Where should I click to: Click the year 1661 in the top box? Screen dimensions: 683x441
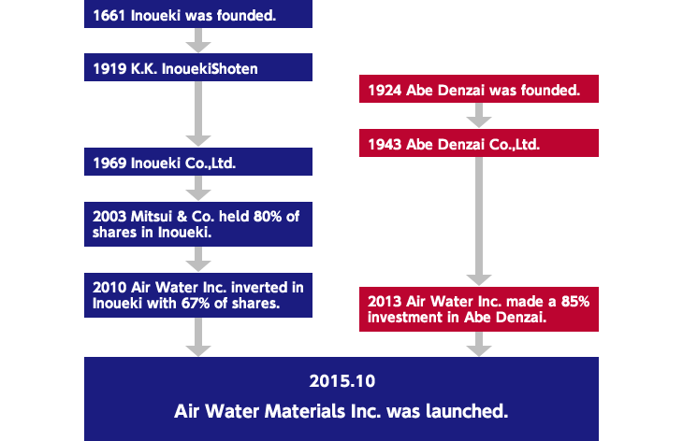(x=109, y=16)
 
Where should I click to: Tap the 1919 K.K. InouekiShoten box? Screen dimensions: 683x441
(x=198, y=67)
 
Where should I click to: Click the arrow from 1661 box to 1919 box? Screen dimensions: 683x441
(x=198, y=40)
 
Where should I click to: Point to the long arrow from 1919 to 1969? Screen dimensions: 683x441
(x=198, y=114)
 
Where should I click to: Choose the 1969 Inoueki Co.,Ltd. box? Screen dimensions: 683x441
(x=198, y=162)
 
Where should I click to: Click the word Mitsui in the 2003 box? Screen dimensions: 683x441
(x=152, y=217)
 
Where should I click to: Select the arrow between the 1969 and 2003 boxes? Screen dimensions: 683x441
(x=198, y=189)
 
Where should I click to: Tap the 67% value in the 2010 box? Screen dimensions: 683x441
(x=196, y=303)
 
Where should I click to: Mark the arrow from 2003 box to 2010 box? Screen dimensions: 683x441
(x=198, y=260)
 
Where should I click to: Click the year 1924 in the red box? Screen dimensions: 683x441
(x=385, y=91)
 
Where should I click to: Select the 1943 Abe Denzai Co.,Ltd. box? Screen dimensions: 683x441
(x=479, y=143)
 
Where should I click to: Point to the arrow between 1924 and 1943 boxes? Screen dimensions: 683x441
(x=479, y=115)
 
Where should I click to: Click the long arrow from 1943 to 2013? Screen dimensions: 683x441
(x=479, y=221)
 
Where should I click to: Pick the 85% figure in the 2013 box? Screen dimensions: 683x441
(x=575, y=302)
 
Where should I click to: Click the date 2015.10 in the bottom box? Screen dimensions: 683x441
(x=341, y=381)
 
